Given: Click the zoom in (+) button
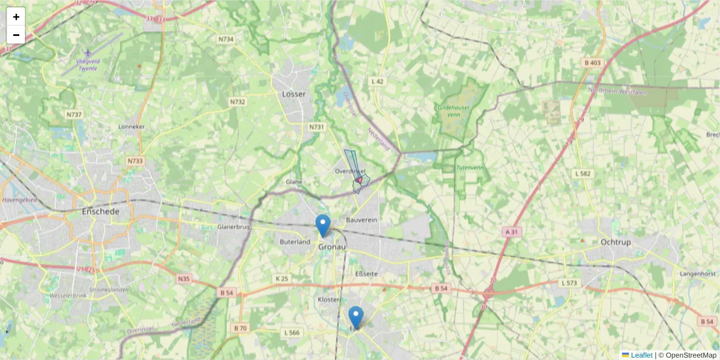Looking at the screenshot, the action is click(x=16, y=17).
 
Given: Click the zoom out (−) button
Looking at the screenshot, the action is click(x=16, y=35).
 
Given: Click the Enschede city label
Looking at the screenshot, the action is click(x=101, y=212).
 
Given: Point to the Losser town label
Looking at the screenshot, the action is click(x=293, y=94).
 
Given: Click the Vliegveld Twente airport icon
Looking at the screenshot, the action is click(x=89, y=53).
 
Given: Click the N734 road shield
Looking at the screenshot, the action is click(x=226, y=39).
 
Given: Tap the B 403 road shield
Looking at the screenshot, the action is click(x=592, y=62).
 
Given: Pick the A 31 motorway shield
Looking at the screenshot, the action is click(x=511, y=231).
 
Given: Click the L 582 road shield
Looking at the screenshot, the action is click(x=583, y=173).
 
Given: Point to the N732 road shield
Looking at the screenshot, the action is click(x=238, y=102).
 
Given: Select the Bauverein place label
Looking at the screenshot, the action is click(x=362, y=221).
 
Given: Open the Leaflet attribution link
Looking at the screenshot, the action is click(x=641, y=355).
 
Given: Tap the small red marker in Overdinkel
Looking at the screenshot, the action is click(x=359, y=179).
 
